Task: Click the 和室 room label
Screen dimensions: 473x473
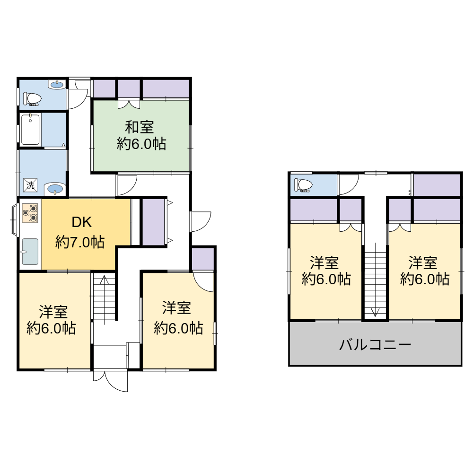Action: click(x=140, y=127)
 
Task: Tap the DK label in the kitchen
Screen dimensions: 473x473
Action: click(x=81, y=222)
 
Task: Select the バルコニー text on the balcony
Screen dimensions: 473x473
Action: click(x=375, y=344)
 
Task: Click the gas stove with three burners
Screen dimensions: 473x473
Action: click(x=30, y=213)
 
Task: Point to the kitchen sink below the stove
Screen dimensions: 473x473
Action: click(x=30, y=252)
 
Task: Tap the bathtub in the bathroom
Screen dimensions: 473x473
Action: click(x=30, y=130)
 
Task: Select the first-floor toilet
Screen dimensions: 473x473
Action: click(x=32, y=98)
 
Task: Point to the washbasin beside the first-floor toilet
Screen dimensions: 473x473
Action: click(x=57, y=85)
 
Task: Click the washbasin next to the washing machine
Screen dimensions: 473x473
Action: click(x=55, y=189)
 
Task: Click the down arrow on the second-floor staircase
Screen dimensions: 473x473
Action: click(x=375, y=280)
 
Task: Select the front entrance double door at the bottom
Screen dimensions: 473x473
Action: click(x=110, y=380)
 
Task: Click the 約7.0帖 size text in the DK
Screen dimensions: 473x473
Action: click(x=80, y=242)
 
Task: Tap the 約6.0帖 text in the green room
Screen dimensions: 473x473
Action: click(x=141, y=144)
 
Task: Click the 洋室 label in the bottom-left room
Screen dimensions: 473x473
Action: click(x=53, y=312)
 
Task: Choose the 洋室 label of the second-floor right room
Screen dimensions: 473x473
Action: click(x=423, y=263)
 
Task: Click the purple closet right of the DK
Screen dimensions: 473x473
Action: click(x=154, y=222)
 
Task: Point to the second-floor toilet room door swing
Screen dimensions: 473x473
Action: click(x=348, y=184)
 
